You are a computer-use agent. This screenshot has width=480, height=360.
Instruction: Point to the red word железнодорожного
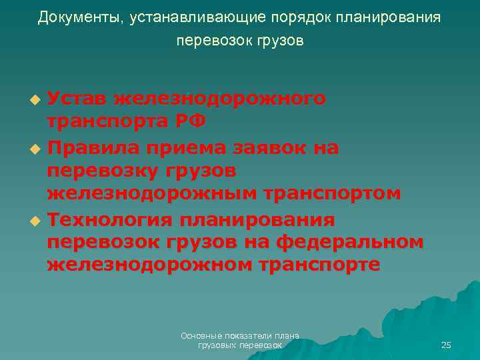[x=219, y=99]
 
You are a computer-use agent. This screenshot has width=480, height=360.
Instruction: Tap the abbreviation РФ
[x=187, y=121]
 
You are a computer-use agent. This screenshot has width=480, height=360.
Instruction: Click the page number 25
[x=446, y=345]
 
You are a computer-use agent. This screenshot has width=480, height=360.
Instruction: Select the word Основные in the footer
[x=201, y=336]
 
